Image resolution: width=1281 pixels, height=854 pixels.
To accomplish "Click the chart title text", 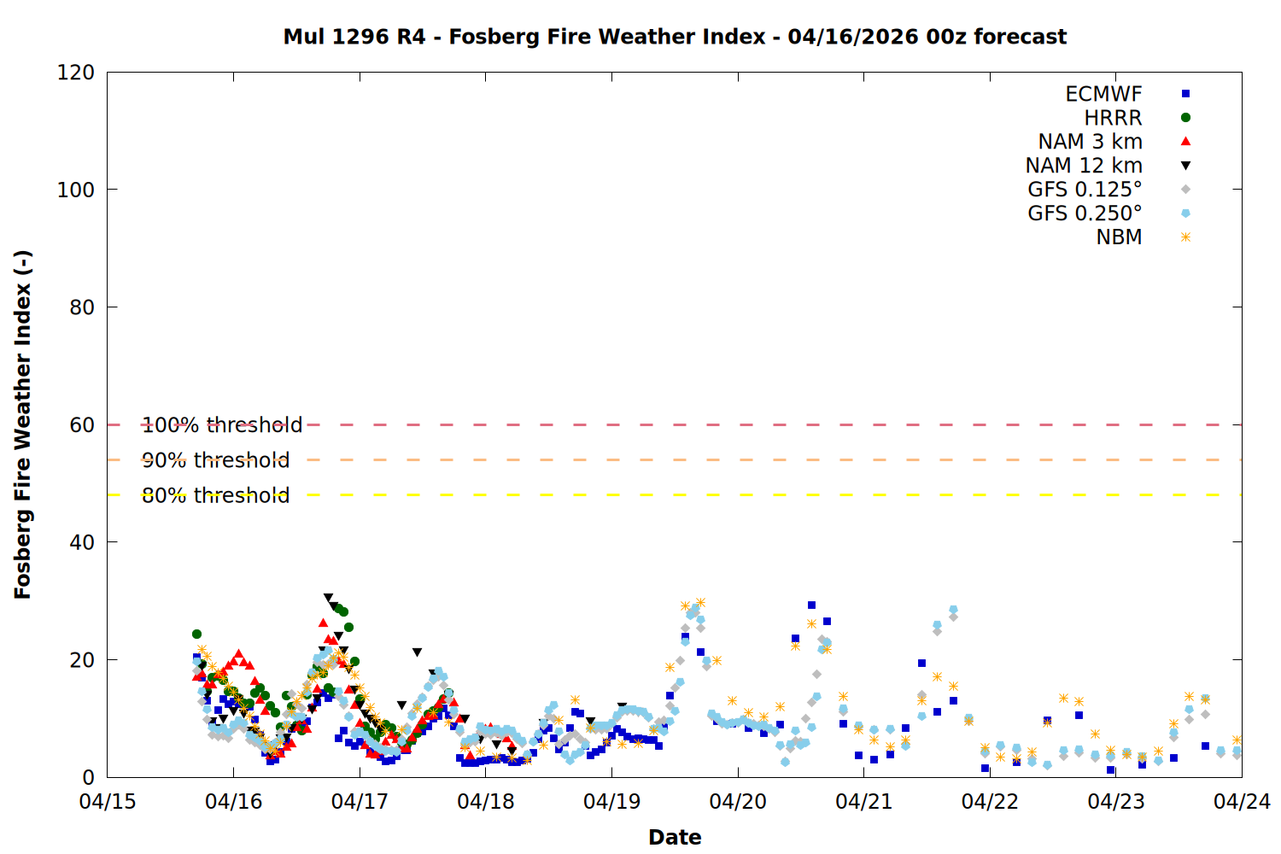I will [x=675, y=37].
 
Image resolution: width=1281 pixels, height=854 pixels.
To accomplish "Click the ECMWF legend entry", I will [x=1103, y=94].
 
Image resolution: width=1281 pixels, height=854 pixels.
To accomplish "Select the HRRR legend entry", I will [x=1113, y=118].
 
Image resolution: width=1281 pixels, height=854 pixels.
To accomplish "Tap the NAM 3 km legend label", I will [x=1090, y=142].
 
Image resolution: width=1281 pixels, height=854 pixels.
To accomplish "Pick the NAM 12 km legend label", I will [x=1084, y=166].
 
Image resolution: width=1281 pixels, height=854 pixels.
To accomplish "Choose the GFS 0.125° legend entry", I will [x=1085, y=190].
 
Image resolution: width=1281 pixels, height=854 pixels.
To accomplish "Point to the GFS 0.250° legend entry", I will [x=1085, y=213].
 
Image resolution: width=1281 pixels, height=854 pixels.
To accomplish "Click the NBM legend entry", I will [x=1119, y=237].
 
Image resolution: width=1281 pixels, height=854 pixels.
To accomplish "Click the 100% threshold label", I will [x=222, y=425].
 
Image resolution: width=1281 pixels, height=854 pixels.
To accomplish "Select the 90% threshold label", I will [x=216, y=460].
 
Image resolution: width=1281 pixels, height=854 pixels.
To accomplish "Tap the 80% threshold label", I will [x=216, y=495].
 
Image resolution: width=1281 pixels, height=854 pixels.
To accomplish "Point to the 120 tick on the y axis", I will [x=76, y=73].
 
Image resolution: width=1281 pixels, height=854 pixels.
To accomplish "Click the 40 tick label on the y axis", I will [x=82, y=542].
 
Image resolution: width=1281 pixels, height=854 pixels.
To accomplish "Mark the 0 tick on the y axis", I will [x=88, y=777].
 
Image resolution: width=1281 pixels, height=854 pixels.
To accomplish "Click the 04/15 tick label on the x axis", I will [x=108, y=802].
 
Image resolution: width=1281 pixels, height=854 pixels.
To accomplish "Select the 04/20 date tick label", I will [x=738, y=802].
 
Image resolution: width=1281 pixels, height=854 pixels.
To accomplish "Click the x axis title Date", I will [x=675, y=837].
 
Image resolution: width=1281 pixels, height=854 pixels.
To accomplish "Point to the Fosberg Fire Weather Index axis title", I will [x=23, y=424].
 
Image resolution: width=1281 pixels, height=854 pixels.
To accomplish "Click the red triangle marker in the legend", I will [x=1185, y=142].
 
